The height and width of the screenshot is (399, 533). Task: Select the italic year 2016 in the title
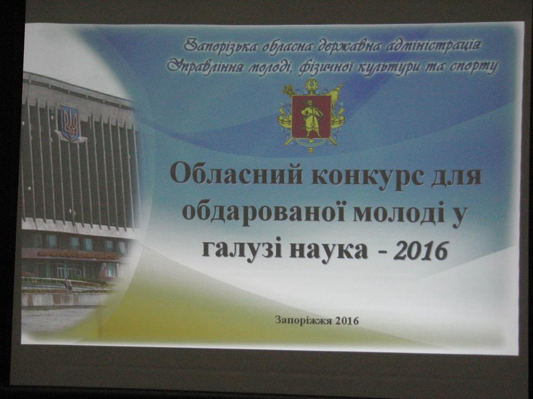421,251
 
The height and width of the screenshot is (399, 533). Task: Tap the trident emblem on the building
70,123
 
